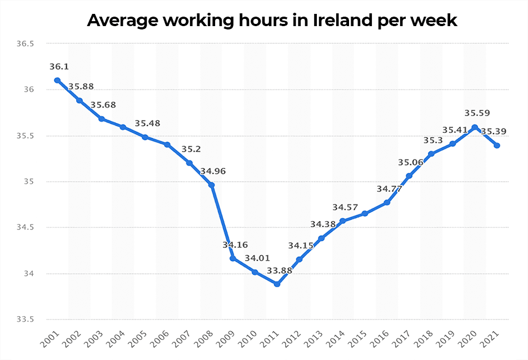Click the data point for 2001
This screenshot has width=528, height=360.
[57, 80]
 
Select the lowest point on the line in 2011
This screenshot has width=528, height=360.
[277, 284]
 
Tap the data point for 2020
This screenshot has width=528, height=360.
[474, 127]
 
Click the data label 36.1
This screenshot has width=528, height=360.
[59, 67]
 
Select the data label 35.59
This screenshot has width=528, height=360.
[476, 113]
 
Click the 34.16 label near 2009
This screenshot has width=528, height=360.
[235, 244]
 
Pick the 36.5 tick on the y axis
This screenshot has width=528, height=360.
[25, 44]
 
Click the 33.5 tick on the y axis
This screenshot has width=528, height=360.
[25, 319]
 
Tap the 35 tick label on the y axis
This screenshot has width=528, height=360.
[28, 182]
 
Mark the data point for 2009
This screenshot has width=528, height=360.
[233, 258]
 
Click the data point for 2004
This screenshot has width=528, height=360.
[123, 127]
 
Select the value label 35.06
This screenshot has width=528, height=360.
[410, 162]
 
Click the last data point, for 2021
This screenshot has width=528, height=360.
[496, 146]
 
